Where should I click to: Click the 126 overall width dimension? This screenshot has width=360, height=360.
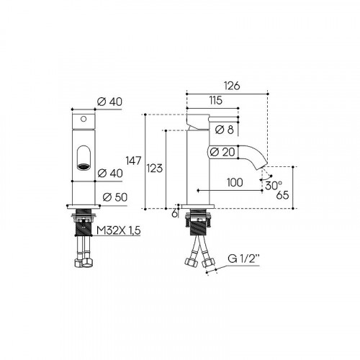point(232,86)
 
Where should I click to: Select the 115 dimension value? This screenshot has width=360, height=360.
point(215,100)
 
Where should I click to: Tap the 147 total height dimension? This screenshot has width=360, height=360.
point(133,161)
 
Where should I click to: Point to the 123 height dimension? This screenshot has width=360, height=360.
point(155,168)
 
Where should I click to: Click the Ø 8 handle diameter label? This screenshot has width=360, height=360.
point(225,130)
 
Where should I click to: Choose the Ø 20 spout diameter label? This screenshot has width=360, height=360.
point(222,152)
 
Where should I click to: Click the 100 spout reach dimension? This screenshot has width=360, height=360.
point(235,182)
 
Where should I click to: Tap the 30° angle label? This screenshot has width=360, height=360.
point(274,185)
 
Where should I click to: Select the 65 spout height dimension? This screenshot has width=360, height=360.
point(282,195)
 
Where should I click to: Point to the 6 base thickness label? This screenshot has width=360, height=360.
point(174,214)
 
